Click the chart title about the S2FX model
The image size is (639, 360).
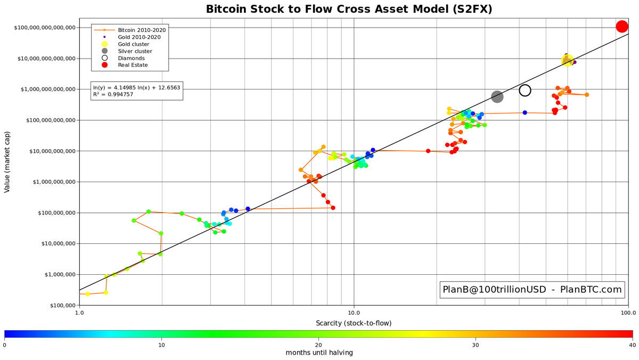coord(349,9)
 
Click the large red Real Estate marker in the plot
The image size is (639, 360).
coord(622,27)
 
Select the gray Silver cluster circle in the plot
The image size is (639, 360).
coord(497,96)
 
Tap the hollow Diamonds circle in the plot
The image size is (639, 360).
coord(525,91)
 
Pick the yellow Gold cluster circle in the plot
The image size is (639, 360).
coord(567,61)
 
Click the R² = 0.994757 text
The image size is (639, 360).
coord(114,94)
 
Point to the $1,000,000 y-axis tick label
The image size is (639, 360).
coord(53,182)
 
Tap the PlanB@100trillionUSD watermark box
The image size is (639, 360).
coord(532,290)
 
